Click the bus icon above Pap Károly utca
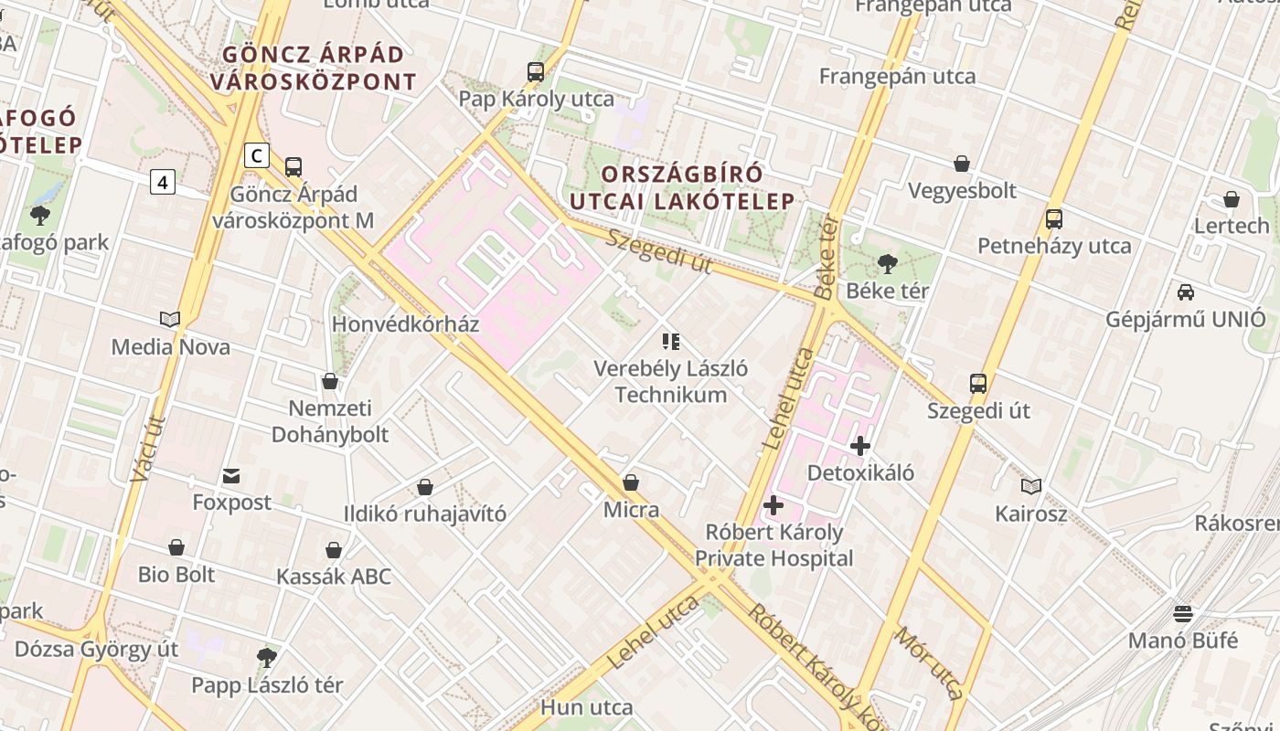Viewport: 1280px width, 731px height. click(x=536, y=71)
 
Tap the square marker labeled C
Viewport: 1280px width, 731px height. click(x=257, y=156)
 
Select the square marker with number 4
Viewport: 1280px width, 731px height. click(x=163, y=182)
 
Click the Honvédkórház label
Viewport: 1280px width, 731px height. click(x=405, y=324)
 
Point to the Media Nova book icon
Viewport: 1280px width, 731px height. click(x=170, y=319)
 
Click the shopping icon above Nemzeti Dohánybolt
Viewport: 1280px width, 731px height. click(x=330, y=381)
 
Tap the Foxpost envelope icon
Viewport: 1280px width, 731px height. click(x=231, y=475)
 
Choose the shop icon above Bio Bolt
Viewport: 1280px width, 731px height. click(x=176, y=547)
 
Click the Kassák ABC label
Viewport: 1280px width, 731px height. click(x=334, y=577)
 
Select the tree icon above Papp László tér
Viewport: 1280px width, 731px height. click(x=267, y=657)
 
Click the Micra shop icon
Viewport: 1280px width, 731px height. click(x=631, y=482)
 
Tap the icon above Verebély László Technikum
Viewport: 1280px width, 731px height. click(x=671, y=342)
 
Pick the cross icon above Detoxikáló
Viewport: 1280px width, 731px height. click(x=860, y=446)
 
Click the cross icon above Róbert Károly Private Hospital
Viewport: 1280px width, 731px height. click(x=773, y=504)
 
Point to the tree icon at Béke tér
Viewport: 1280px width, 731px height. click(x=887, y=264)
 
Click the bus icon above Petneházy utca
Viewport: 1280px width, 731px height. click(x=1054, y=219)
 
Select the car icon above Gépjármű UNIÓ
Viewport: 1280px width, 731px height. click(x=1186, y=292)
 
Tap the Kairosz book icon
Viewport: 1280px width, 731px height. click(x=1031, y=486)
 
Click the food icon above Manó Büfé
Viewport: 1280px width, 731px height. click(x=1183, y=613)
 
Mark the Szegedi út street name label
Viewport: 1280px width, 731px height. click(x=658, y=250)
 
